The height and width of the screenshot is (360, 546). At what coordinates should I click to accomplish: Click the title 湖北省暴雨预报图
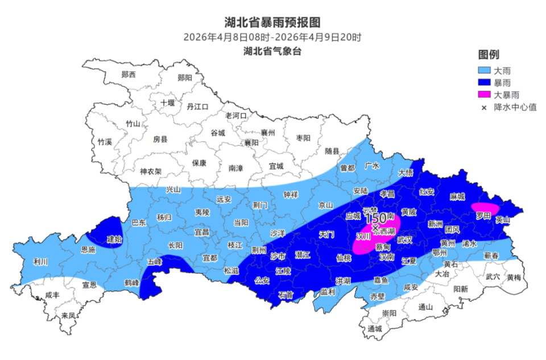point(272,22)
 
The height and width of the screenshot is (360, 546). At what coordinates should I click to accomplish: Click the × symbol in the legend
point(483,107)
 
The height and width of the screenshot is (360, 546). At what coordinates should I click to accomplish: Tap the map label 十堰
point(167,102)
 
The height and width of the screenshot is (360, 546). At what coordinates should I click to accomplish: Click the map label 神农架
point(151,171)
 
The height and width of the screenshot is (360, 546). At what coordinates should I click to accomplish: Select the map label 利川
point(40,262)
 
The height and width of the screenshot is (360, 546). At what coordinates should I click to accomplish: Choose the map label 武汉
point(404,240)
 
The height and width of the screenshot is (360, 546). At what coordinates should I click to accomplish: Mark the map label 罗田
point(483,216)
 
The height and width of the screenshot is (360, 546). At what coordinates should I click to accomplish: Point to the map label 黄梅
point(514,278)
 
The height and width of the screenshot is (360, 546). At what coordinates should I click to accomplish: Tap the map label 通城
point(375,329)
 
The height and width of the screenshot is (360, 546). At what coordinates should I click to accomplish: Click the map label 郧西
point(129,75)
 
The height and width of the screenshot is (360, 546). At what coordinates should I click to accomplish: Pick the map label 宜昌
point(201,232)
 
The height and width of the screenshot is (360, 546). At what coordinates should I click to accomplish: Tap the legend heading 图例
point(488,55)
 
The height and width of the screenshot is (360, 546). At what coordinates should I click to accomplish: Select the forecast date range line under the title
point(272,38)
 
